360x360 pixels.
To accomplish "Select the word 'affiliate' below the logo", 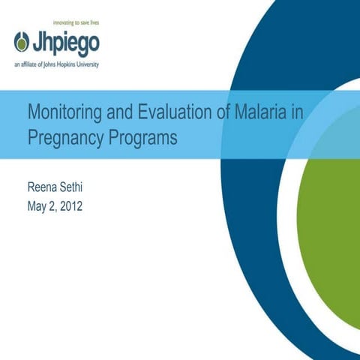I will coord(33,65).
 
